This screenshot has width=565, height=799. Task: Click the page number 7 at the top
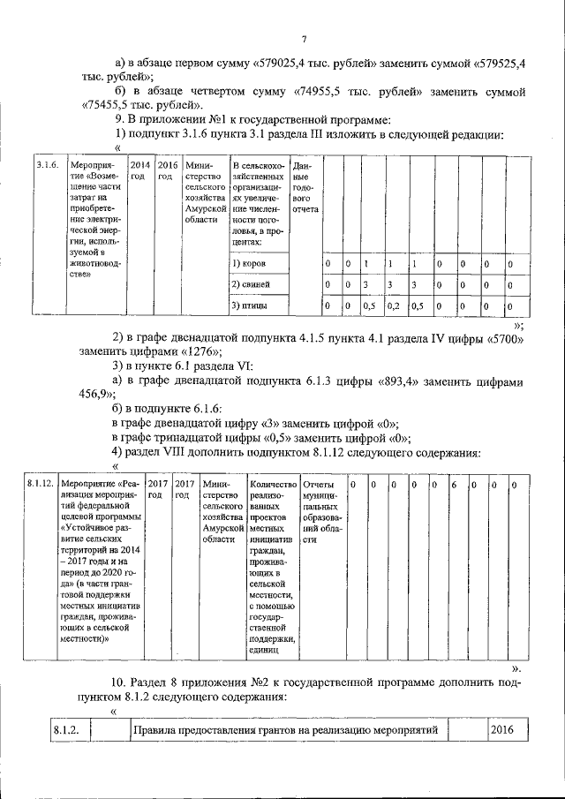click(302, 38)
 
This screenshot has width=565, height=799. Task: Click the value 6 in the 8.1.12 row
click(453, 484)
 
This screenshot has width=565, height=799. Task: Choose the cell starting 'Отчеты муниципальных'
click(321, 515)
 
